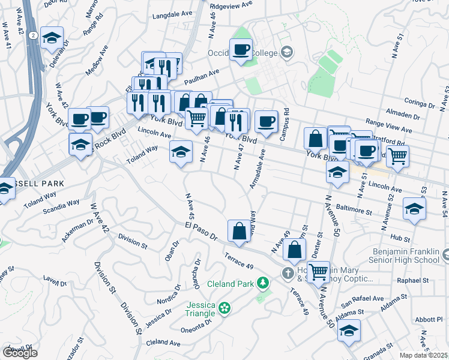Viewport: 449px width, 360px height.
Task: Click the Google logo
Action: pyautogui.click(x=20, y=353)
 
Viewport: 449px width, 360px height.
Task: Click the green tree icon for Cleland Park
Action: pyautogui.click(x=262, y=282)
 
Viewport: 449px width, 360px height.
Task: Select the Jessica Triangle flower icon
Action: pyautogui.click(x=224, y=308)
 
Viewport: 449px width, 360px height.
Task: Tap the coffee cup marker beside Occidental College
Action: pyautogui.click(x=241, y=50)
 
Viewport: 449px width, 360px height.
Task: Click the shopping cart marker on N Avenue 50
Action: pyautogui.click(x=318, y=271)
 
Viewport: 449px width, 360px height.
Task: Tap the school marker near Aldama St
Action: pyautogui.click(x=349, y=329)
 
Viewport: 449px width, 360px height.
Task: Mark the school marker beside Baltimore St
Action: pyautogui.click(x=414, y=208)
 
